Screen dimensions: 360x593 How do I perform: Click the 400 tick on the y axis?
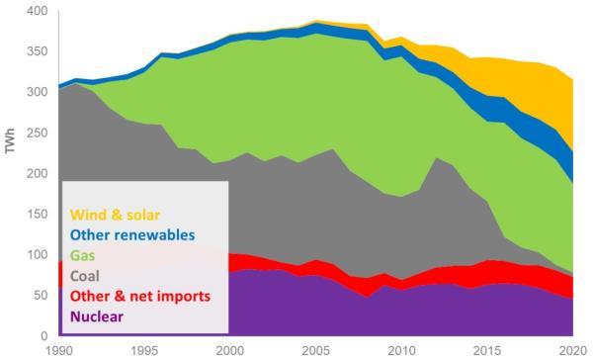tap(37, 11)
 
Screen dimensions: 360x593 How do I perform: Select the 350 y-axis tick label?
tap(37, 51)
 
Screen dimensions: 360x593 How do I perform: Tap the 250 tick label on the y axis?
tap(37, 133)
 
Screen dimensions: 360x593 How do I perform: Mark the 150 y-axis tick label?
tap(37, 215)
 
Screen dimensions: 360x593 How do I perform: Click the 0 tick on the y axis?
tap(43, 336)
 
